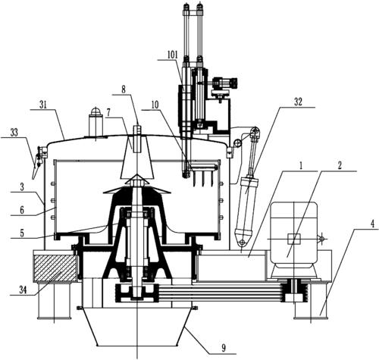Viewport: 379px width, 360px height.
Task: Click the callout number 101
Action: pyautogui.click(x=173, y=55)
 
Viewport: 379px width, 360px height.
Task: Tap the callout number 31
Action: pyautogui.click(x=43, y=105)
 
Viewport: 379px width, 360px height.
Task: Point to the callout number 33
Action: pyautogui.click(x=14, y=133)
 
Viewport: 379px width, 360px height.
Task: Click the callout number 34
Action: pyautogui.click(x=23, y=290)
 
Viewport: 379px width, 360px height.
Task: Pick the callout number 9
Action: pyautogui.click(x=223, y=349)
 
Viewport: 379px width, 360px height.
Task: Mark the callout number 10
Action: pyautogui.click(x=155, y=105)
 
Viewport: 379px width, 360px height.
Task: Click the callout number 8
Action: pyautogui.click(x=124, y=89)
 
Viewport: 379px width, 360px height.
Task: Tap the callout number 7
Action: pyautogui.click(x=108, y=113)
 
